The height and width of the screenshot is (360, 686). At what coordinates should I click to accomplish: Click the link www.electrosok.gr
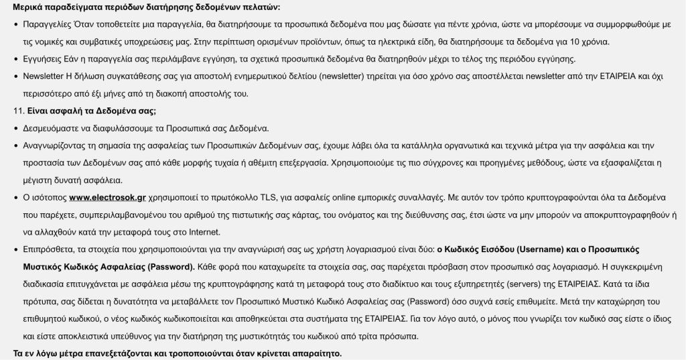[x=108, y=197]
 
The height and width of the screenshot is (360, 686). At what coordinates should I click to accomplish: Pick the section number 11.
[x=17, y=110]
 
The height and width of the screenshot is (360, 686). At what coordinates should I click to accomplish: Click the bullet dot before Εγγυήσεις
[x=15, y=59]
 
